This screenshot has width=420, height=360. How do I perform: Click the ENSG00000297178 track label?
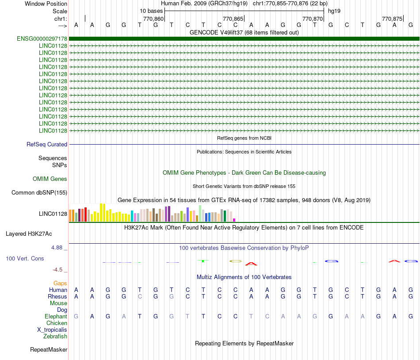point(42,39)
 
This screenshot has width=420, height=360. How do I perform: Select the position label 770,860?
point(153,19)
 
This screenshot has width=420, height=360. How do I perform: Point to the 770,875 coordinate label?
point(392,19)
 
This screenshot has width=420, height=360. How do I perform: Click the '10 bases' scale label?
point(151,11)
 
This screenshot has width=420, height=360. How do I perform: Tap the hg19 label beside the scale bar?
point(334,11)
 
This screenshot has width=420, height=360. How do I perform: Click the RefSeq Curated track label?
point(47,145)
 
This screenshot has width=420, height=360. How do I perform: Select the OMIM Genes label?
point(50,179)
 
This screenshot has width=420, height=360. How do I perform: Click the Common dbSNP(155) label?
point(39,193)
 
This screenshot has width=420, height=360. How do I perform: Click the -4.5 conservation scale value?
point(58,269)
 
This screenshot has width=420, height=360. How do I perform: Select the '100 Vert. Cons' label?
point(25,258)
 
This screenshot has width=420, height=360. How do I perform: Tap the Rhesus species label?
point(57,297)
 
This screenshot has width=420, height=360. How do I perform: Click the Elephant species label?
point(56,317)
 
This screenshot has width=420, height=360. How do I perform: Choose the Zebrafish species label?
point(55,337)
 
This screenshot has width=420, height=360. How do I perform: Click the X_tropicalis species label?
point(52,330)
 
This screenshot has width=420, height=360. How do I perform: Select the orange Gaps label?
point(60,283)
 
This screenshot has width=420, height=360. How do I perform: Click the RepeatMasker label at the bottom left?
point(49,350)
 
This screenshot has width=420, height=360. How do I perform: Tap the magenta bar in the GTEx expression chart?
point(234,220)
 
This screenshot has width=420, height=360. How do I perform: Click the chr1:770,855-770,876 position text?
point(281,4)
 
